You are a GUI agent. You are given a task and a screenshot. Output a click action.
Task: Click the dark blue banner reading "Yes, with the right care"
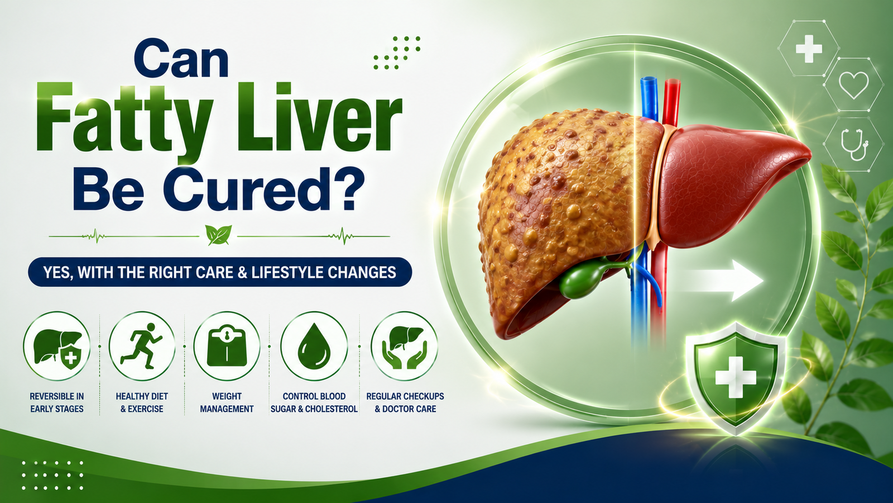coord(220,272)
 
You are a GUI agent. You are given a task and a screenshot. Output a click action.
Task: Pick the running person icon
coord(142,346)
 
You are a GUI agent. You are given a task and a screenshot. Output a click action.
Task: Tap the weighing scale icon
coord(227,346)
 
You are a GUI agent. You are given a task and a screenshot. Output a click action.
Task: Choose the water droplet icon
coord(314,346)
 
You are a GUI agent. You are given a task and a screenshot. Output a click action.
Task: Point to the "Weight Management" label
coord(227,402)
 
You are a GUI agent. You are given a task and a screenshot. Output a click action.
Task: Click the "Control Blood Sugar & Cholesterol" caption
coord(314,402)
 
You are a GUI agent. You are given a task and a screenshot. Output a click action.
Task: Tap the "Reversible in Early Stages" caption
coord(57,402)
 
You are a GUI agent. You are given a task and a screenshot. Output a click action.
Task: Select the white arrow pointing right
coord(722,280)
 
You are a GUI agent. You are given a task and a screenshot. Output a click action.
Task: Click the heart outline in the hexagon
coord(853,84)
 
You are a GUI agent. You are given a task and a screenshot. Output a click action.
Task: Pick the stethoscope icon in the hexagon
coord(854,145)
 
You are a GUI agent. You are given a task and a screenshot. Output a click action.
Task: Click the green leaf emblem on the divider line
coord(218,235)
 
